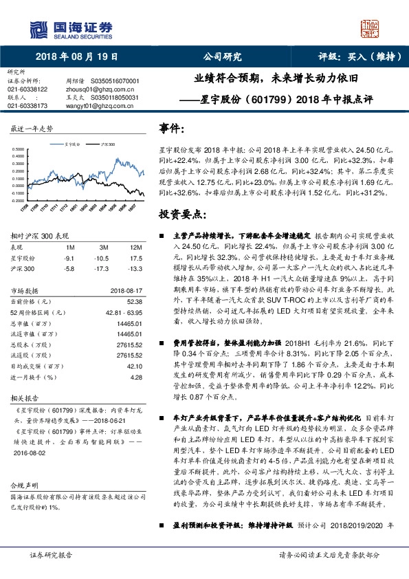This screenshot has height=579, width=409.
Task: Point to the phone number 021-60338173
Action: tap(27, 106)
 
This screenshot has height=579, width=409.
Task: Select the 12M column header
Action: tap(135, 247)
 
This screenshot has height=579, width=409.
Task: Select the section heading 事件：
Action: tap(172, 128)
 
